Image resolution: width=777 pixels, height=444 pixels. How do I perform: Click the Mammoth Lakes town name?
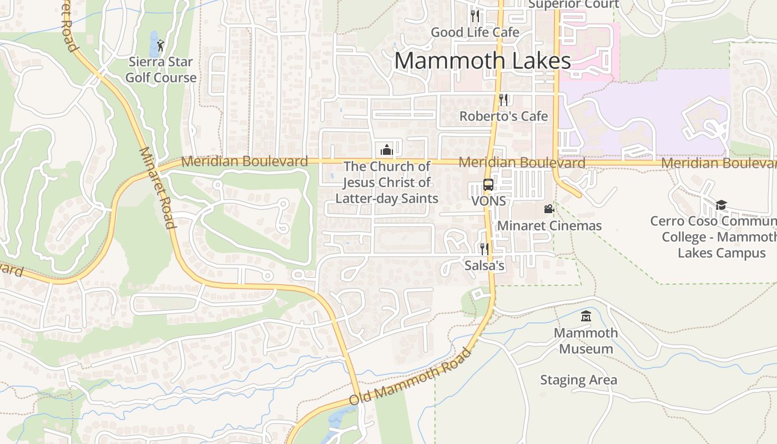(482, 60)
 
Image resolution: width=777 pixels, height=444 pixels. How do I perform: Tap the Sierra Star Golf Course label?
(161, 70)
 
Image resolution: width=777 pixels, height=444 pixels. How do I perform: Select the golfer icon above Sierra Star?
(160, 46)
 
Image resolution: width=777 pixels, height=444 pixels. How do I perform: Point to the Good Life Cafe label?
(475, 32)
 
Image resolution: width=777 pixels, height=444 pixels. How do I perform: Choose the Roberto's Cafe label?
(503, 116)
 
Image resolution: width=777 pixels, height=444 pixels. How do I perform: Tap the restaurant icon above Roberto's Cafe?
(503, 99)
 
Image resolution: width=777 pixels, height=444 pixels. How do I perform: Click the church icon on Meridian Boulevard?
(386, 150)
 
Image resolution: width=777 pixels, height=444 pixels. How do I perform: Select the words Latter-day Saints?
(387, 198)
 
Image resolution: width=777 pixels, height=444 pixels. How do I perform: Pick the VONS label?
(488, 201)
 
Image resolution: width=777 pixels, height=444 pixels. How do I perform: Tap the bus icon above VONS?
(488, 185)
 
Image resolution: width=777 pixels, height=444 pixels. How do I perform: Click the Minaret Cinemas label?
(549, 226)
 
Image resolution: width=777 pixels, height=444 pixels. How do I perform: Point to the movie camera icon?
(549, 209)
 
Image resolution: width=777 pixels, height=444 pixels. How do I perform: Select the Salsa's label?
(484, 266)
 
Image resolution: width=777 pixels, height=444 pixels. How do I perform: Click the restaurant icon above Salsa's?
(484, 249)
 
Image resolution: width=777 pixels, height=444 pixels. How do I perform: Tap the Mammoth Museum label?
(586, 341)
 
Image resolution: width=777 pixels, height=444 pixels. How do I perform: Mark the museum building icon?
(586, 316)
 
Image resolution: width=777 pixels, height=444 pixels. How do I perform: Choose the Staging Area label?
(578, 380)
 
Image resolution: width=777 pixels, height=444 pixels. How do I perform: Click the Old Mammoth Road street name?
(410, 376)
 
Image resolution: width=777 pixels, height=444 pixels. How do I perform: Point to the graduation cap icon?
(721, 205)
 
